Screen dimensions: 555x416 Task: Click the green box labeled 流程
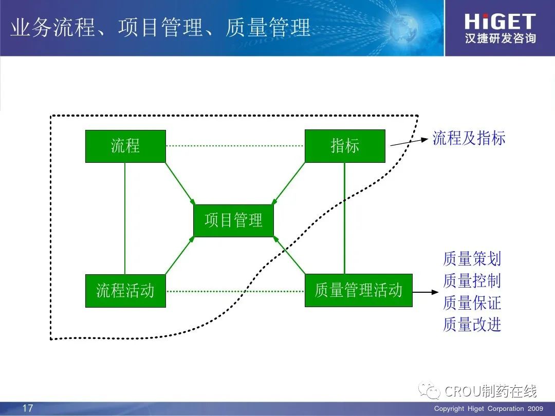126,146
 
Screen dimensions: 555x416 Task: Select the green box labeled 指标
345,146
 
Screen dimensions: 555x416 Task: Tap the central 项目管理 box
234,220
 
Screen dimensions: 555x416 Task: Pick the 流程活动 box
126,290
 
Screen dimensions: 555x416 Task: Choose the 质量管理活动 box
359,290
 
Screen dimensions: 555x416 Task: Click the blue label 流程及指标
469,138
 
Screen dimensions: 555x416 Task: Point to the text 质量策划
472,259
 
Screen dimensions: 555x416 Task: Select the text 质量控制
472,281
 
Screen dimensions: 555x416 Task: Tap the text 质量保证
472,303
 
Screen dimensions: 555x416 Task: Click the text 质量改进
472,325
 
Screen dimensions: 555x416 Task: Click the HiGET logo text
500,22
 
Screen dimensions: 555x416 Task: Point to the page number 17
28,408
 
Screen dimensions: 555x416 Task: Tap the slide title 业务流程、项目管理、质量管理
160,28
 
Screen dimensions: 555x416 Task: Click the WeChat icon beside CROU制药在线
429,390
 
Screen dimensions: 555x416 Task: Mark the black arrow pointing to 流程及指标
409,142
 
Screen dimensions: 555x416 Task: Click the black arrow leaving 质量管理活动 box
426,292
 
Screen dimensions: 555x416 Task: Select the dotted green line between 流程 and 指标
235,146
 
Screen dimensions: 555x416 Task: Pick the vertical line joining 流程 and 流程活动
125,218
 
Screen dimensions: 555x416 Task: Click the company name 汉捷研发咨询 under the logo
501,38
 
